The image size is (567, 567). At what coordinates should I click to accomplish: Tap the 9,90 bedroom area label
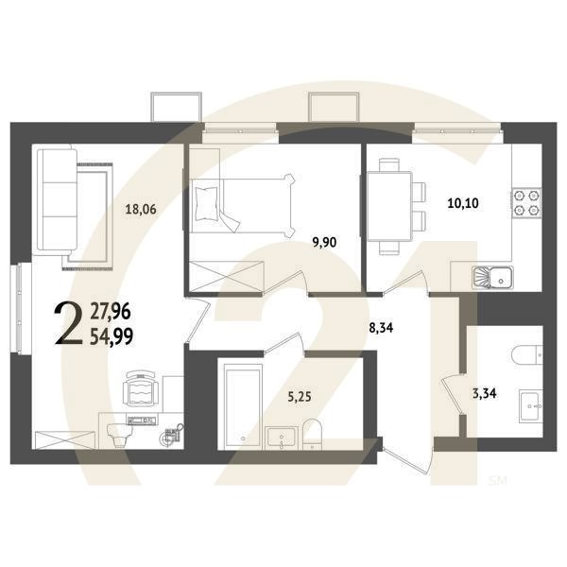324,242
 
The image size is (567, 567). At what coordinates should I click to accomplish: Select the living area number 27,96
112,307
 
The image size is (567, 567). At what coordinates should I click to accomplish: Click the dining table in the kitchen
389,205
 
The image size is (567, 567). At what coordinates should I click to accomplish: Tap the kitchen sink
492,278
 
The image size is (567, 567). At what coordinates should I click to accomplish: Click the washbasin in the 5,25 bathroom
282,438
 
